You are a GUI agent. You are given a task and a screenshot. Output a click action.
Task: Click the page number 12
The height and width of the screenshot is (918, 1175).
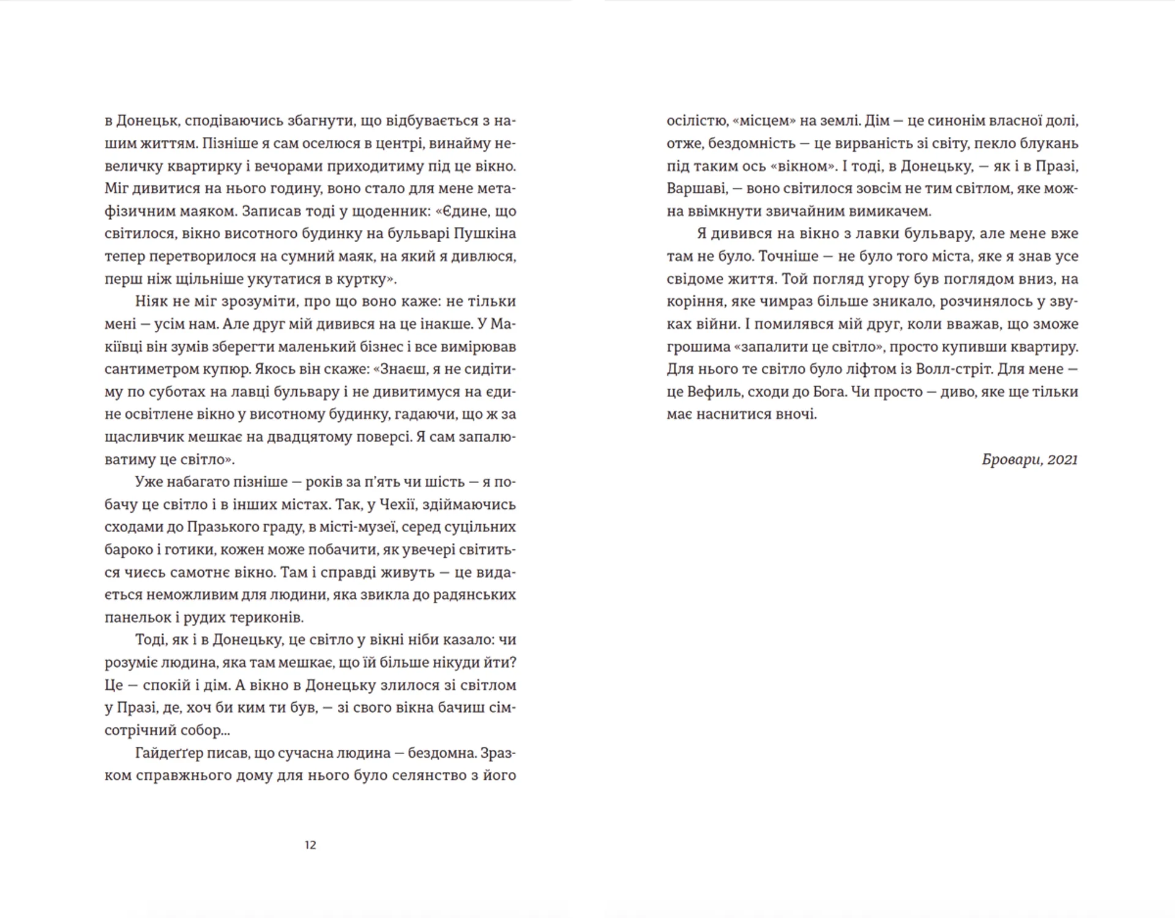310,845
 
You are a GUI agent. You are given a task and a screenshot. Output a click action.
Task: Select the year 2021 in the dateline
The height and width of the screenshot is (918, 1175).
1062,460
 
